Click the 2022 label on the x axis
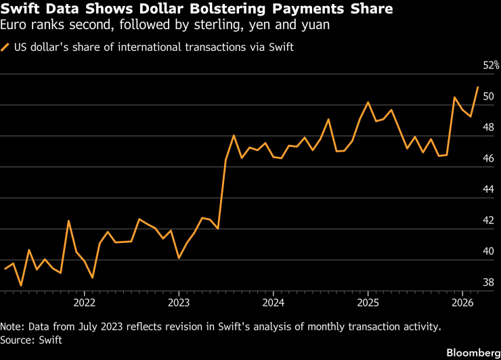pyautogui.click(x=84, y=302)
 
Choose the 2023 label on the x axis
pyautogui.click(x=178, y=302)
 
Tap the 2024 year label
pyautogui.click(x=273, y=302)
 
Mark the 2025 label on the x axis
pyautogui.click(x=368, y=302)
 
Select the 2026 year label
pyautogui.click(x=462, y=302)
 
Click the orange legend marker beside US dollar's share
pyautogui.click(x=6, y=47)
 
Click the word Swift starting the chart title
pyautogui.click(x=20, y=10)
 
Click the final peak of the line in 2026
pyautogui.click(x=478, y=87)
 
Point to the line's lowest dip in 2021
pyautogui.click(x=21, y=286)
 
